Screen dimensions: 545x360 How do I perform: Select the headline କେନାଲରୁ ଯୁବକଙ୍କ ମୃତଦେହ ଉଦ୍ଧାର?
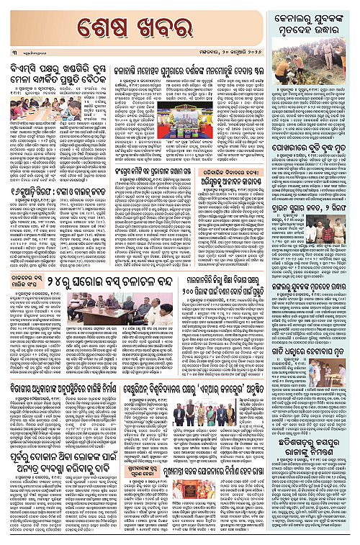[x=311, y=24]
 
